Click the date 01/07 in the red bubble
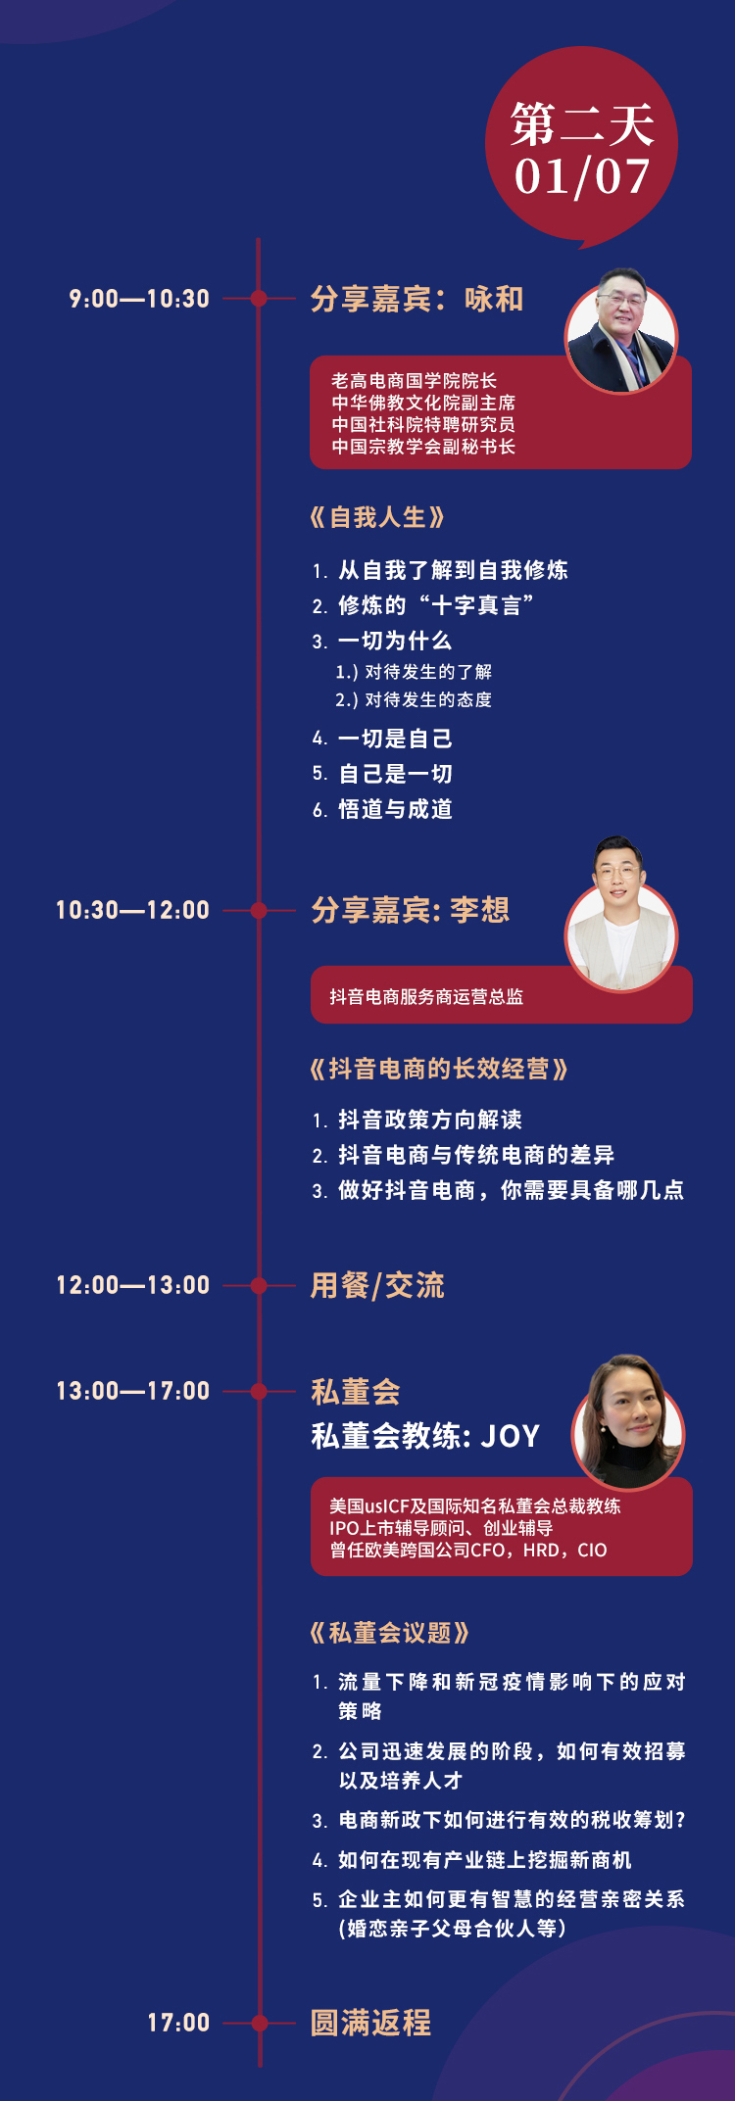tap(582, 177)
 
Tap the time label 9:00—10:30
tap(139, 299)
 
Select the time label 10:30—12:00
tap(132, 910)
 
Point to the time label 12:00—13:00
tap(132, 1285)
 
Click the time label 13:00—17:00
tap(132, 1391)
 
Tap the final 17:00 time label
tap(178, 2023)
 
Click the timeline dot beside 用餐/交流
tap(259, 1285)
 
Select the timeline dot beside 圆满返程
tap(259, 2023)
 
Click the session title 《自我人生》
tap(377, 517)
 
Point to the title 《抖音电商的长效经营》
tap(439, 1069)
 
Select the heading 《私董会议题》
tap(390, 1633)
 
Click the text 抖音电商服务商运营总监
tap(426, 997)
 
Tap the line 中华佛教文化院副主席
tap(423, 403)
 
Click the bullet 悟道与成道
tap(395, 809)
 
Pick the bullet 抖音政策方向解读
tap(430, 1120)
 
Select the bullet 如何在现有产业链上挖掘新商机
tap(485, 1860)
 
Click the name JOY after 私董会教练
tap(510, 1436)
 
